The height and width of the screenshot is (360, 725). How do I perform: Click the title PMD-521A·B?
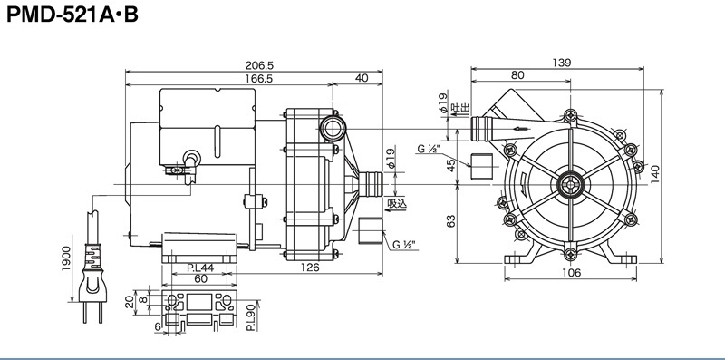(72, 15)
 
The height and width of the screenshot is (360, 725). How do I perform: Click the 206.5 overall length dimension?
(259, 65)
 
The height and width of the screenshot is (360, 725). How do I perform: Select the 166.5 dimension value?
(258, 79)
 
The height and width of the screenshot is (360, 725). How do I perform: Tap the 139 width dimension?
(561, 63)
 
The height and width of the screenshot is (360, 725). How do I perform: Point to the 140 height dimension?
(655, 174)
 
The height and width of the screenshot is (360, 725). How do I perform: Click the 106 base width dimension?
(571, 273)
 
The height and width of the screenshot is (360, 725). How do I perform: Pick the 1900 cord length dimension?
(65, 258)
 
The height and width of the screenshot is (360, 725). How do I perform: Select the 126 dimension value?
(310, 267)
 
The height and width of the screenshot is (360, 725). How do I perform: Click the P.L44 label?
(200, 268)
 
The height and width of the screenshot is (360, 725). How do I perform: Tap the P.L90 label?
(250, 317)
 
